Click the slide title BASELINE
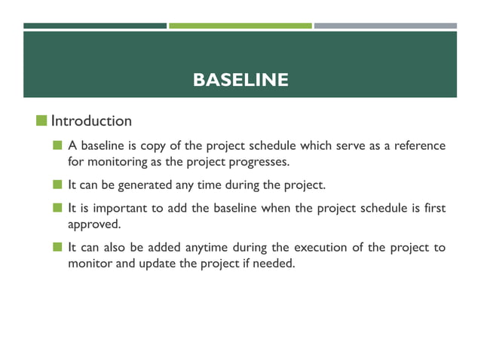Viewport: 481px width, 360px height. click(x=240, y=80)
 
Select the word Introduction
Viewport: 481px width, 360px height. click(x=91, y=121)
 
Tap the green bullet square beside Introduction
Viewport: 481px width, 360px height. click(x=41, y=121)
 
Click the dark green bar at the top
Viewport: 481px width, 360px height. click(x=95, y=26)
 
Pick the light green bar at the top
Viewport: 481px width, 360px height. click(x=240, y=26)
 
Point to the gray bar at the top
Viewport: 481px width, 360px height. click(x=385, y=26)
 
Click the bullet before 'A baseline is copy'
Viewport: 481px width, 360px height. click(x=58, y=146)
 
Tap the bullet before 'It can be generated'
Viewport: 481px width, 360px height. click(x=58, y=185)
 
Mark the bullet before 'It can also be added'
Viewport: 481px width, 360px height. click(x=58, y=248)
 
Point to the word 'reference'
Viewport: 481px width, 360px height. click(x=418, y=146)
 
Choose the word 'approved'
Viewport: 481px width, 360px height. click(x=94, y=224)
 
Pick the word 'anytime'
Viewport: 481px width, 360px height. click(x=218, y=248)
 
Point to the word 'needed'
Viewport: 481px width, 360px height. click(x=273, y=263)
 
